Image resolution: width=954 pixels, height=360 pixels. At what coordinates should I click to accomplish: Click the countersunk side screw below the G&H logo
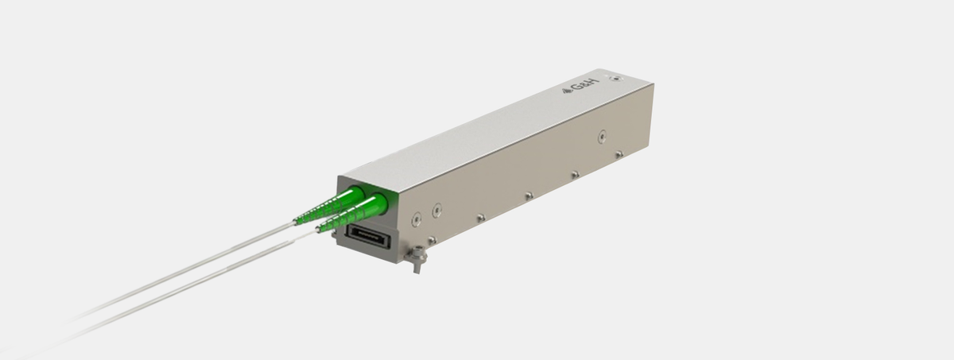[x=602, y=137]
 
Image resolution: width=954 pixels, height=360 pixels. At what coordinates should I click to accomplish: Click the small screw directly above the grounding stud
[x=431, y=240]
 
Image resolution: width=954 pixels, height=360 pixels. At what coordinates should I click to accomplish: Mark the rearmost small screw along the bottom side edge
[x=619, y=153]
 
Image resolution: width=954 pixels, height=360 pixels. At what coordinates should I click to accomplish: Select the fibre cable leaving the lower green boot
[x=199, y=287]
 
